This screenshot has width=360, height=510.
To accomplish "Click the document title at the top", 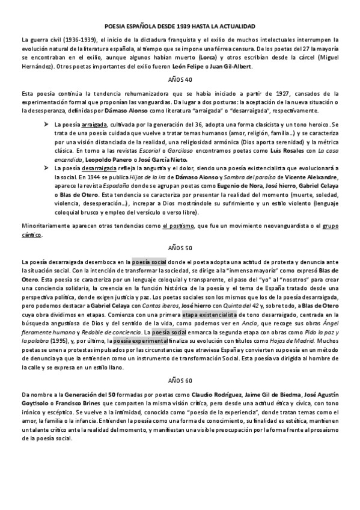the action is tap(180, 27).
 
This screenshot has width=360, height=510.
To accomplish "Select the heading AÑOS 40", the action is tap(180, 79).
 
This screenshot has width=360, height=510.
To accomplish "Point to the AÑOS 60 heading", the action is tap(180, 381).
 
